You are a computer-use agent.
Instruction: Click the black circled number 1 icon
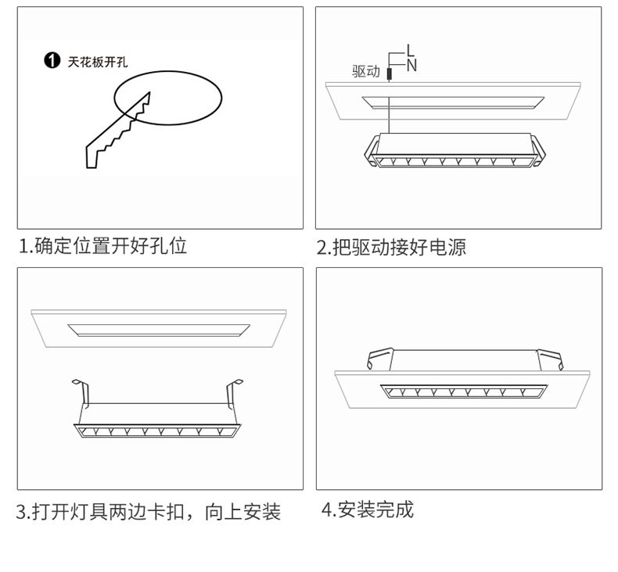pyautogui.click(x=52, y=61)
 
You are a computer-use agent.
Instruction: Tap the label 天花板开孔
pyautogui.click(x=98, y=62)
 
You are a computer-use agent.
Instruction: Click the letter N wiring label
pyautogui.click(x=411, y=66)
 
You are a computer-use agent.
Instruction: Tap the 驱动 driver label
pyautogui.click(x=365, y=72)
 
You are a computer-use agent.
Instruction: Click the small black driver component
pyautogui.click(x=389, y=73)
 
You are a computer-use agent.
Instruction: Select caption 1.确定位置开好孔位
pyautogui.click(x=103, y=246)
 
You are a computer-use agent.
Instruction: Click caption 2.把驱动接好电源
pyautogui.click(x=391, y=248)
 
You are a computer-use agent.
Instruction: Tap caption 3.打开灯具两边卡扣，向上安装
pyautogui.click(x=149, y=513)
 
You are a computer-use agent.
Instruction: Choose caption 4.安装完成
pyautogui.click(x=367, y=510)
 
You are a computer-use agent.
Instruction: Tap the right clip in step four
pyautogui.click(x=551, y=359)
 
